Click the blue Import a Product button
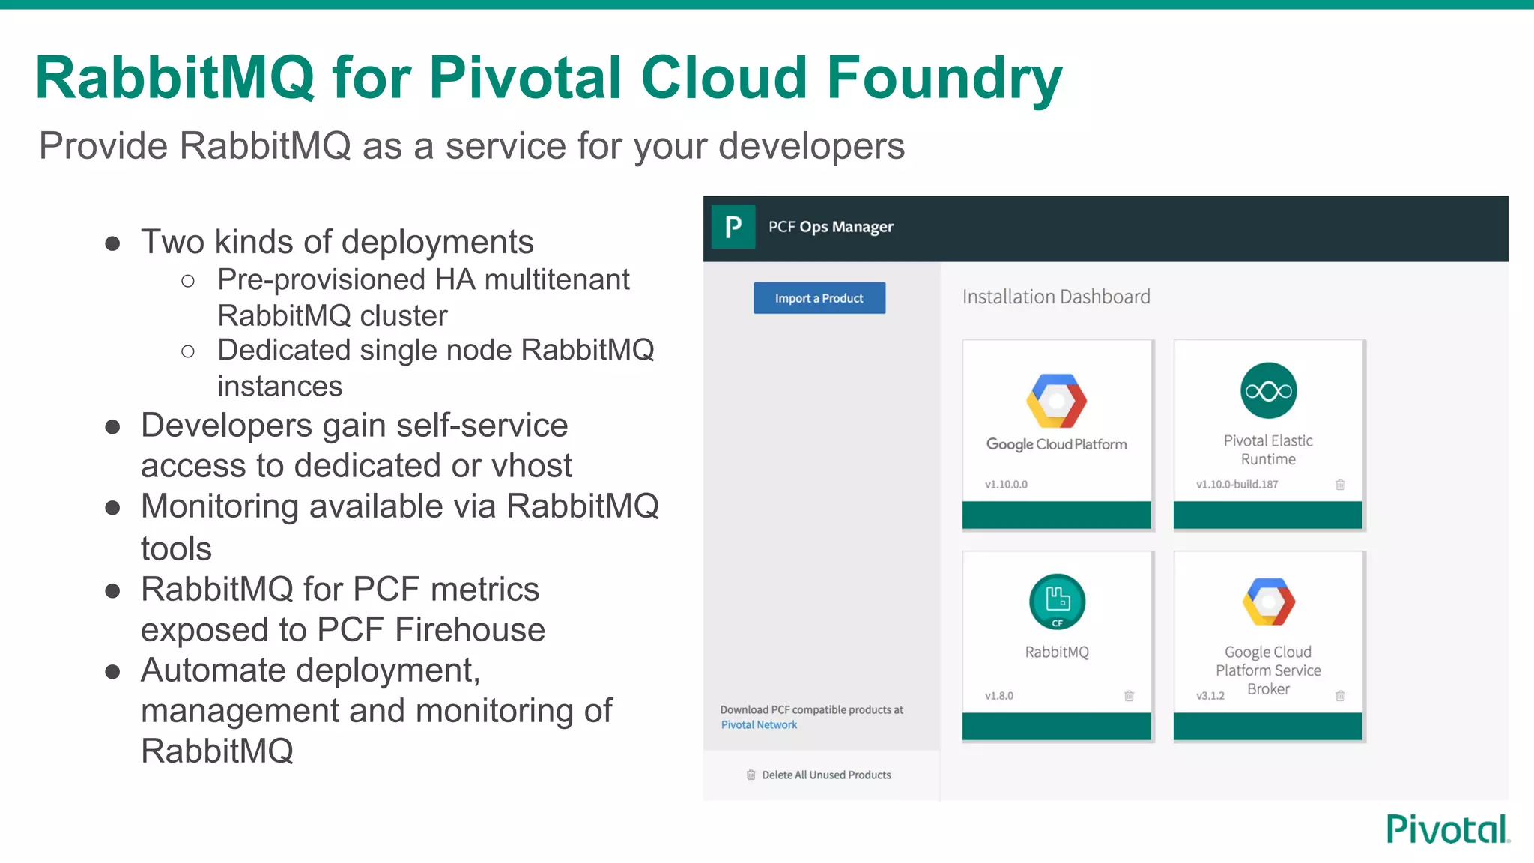point(819,298)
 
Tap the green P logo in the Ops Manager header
point(733,226)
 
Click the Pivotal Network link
point(759,724)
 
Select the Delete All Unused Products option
point(825,775)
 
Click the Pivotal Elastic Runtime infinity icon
point(1267,390)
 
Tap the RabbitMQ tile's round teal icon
point(1057,602)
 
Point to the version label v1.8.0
point(999,696)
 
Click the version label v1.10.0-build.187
point(1237,485)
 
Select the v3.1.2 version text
point(1210,696)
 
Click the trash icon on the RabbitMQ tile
point(1129,696)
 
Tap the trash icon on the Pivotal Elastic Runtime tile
point(1340,485)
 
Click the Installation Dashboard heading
point(1055,297)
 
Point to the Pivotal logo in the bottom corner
point(1447,829)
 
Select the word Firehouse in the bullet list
point(470,629)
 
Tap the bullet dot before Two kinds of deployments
point(113,243)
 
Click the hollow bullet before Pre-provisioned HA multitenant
point(188,281)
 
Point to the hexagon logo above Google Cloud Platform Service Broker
point(1268,602)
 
